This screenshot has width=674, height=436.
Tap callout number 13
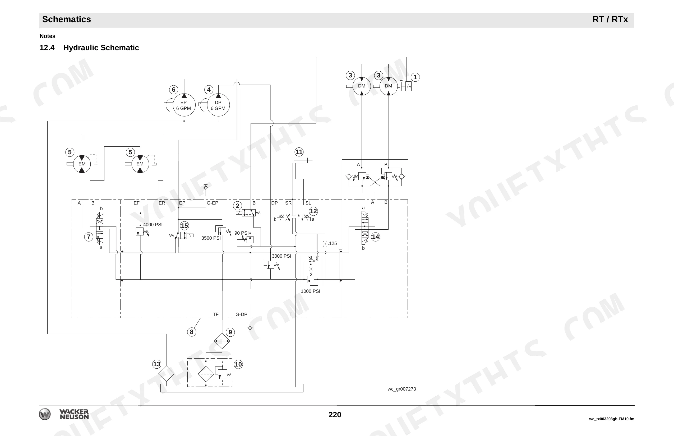156,364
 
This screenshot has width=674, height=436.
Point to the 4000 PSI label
153,225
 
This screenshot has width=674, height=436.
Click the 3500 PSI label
211,238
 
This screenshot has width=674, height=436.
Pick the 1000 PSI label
310,291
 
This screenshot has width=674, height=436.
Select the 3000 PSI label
281,256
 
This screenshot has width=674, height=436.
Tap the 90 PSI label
241,233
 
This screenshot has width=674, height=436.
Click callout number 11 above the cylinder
299,152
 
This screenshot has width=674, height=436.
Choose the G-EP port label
213,203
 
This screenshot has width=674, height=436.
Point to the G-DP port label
241,314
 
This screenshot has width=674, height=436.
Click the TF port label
216,314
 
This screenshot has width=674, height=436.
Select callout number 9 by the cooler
230,332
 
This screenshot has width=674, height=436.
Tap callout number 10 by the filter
238,364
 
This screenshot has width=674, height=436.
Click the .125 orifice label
332,243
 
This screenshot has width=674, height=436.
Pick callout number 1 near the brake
415,77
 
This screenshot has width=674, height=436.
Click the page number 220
335,415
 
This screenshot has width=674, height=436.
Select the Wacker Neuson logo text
74,414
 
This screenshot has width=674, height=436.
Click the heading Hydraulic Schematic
101,48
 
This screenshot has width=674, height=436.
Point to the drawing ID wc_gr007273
401,389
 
